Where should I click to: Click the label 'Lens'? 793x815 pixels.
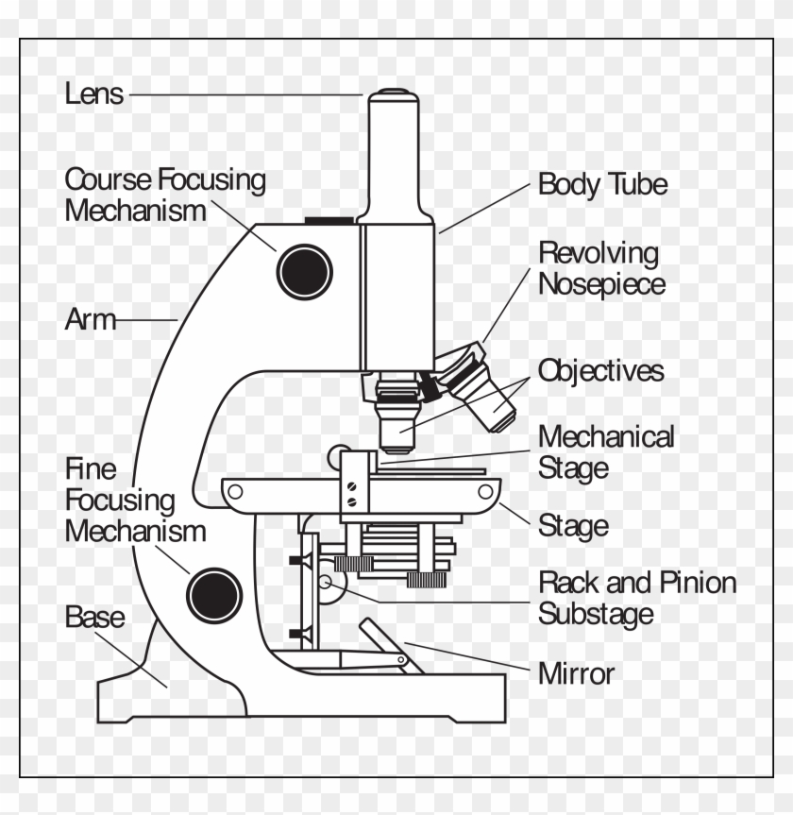(93, 93)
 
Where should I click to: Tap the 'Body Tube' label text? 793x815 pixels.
(602, 184)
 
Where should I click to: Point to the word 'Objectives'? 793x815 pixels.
(600, 371)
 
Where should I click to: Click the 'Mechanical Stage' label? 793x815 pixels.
(605, 452)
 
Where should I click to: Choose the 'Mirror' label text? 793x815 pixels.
(575, 674)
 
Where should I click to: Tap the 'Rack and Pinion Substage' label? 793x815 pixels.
(636, 598)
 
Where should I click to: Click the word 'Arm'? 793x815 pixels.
(90, 320)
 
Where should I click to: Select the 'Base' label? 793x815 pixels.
(94, 618)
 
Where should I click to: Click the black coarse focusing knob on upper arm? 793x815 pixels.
(305, 271)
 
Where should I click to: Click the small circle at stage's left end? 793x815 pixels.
(235, 490)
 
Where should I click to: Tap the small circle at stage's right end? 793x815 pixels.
(486, 490)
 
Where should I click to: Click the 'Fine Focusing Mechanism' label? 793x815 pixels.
(134, 500)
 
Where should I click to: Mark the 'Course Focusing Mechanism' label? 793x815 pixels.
(164, 195)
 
